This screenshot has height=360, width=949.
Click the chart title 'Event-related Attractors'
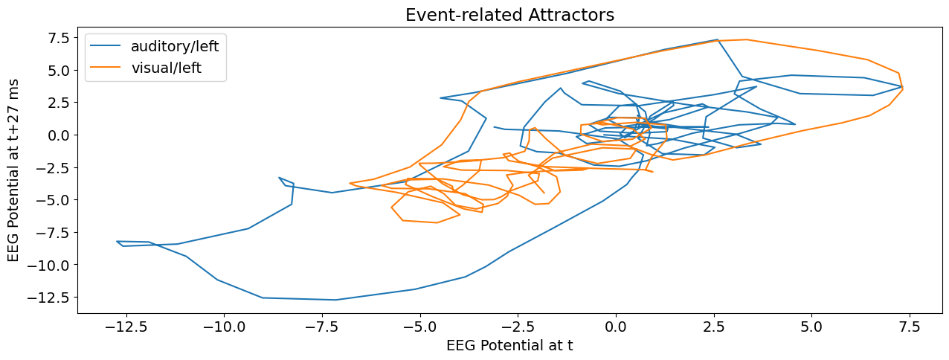[509, 15]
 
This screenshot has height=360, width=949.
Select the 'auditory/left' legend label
[175, 46]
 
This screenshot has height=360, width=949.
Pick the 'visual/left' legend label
[166, 69]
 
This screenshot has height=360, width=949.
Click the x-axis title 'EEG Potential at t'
[509, 345]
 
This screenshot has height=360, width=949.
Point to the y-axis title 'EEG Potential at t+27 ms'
[14, 170]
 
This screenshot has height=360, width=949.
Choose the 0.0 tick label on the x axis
[616, 327]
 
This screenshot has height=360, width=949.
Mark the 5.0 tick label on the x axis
[811, 327]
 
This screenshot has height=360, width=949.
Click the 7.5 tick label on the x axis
[910, 327]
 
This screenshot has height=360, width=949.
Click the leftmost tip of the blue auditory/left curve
[117, 242]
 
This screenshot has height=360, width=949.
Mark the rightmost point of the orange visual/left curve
[903, 89]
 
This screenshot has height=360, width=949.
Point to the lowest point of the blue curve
[336, 300]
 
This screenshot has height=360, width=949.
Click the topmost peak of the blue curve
[717, 39]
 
